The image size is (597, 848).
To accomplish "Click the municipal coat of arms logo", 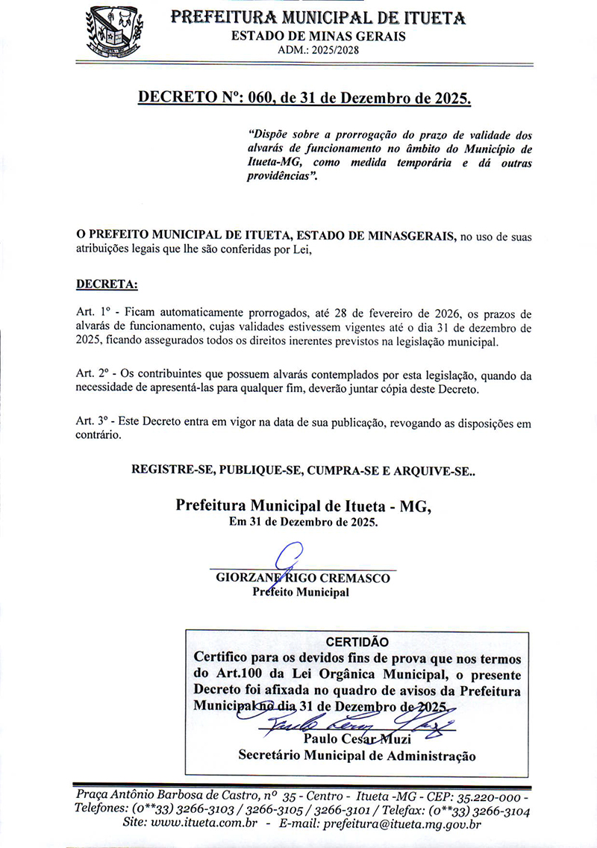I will point(115,32).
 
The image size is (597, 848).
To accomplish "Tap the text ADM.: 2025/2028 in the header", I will point(319,50).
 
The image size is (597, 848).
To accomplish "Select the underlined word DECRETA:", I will point(107,284).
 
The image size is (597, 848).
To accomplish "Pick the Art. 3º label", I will point(93,423).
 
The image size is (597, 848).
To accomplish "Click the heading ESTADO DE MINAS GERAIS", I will point(319,37).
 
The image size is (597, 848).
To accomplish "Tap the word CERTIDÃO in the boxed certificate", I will point(358,641).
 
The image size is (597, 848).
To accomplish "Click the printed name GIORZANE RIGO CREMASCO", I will point(303,578).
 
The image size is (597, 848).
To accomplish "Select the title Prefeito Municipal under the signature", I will point(301,593).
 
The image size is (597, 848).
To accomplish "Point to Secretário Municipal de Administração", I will point(357,755).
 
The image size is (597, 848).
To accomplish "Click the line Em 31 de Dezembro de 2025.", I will point(303,522).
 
